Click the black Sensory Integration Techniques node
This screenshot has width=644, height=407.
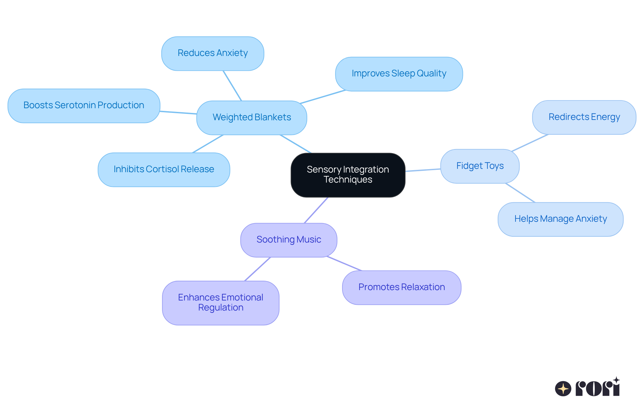pyautogui.click(x=348, y=175)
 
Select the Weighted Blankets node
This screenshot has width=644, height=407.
pyautogui.click(x=252, y=118)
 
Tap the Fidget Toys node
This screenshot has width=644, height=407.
pyautogui.click(x=480, y=166)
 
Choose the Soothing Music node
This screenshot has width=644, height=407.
pyautogui.click(x=288, y=240)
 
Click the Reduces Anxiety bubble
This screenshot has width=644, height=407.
pyautogui.click(x=213, y=53)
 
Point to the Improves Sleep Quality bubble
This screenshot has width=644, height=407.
pyautogui.click(x=399, y=74)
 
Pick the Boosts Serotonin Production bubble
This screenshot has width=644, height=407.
pyautogui.click(x=84, y=106)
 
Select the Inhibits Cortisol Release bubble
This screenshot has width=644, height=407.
pyautogui.click(x=164, y=169)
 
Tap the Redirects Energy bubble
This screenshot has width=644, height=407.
pyautogui.click(x=584, y=117)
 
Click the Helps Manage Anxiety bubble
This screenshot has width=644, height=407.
pyautogui.click(x=560, y=219)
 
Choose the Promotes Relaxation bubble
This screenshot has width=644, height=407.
pyautogui.click(x=401, y=287)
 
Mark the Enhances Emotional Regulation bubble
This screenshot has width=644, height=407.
pyautogui.click(x=220, y=302)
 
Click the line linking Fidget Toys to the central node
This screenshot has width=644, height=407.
pyautogui.click(x=423, y=170)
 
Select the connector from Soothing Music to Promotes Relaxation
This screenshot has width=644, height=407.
pyautogui.click(x=344, y=264)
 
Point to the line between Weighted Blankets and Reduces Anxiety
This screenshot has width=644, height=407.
pyautogui.click(x=232, y=85)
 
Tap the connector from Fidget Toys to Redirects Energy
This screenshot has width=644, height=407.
pyautogui.click(x=530, y=143)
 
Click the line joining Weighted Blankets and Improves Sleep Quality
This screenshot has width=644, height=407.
pyautogui.click(x=323, y=97)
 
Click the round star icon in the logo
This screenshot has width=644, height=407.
pyautogui.click(x=563, y=389)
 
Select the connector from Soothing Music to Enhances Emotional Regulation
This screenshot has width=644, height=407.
pyautogui.click(x=258, y=269)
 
